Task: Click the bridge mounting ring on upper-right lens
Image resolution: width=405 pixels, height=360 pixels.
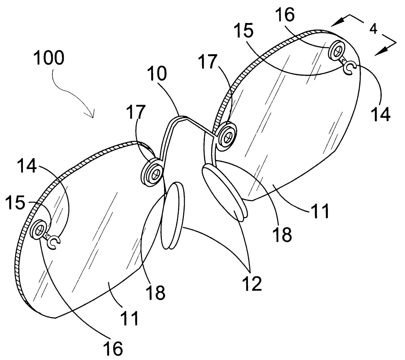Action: tap(227, 136)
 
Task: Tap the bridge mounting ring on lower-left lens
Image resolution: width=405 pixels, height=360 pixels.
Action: tap(153, 172)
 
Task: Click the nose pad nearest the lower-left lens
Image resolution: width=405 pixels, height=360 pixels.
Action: tap(172, 215)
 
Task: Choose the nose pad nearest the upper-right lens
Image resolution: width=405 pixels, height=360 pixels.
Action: tap(224, 192)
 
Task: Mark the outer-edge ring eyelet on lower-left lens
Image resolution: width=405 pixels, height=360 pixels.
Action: tap(40, 229)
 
